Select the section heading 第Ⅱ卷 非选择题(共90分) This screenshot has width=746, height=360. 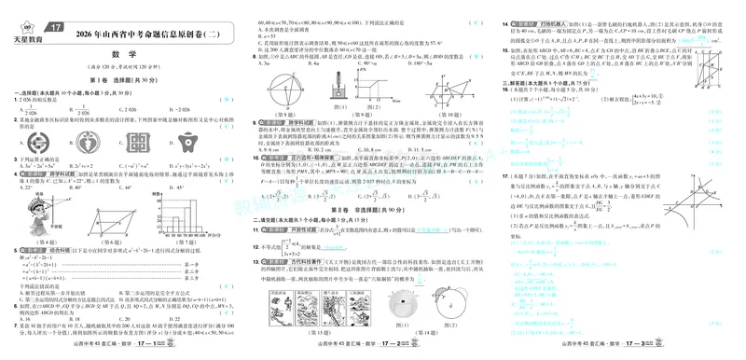tap(370, 210)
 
